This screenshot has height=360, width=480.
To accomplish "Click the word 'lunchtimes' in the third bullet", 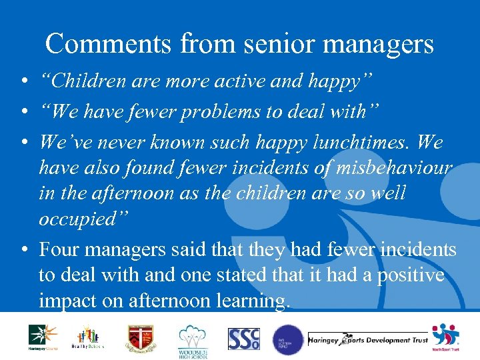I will [347, 143].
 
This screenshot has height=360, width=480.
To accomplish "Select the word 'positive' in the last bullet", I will [410, 275].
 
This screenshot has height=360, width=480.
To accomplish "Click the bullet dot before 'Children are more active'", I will [23, 83].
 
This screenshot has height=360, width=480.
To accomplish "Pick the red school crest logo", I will [143, 337].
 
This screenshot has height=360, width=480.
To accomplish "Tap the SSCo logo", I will [243, 339].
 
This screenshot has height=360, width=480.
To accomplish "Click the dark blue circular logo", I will [287, 339].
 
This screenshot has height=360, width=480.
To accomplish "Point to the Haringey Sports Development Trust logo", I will [368, 340].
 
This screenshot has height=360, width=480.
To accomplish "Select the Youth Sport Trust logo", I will [445, 337].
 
